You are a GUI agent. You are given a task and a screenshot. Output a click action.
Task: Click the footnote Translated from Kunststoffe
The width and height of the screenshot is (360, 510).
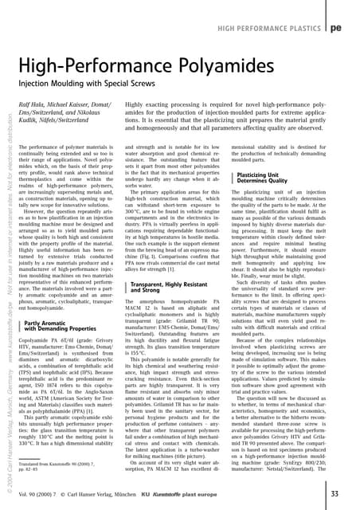click(x=56, y=463)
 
